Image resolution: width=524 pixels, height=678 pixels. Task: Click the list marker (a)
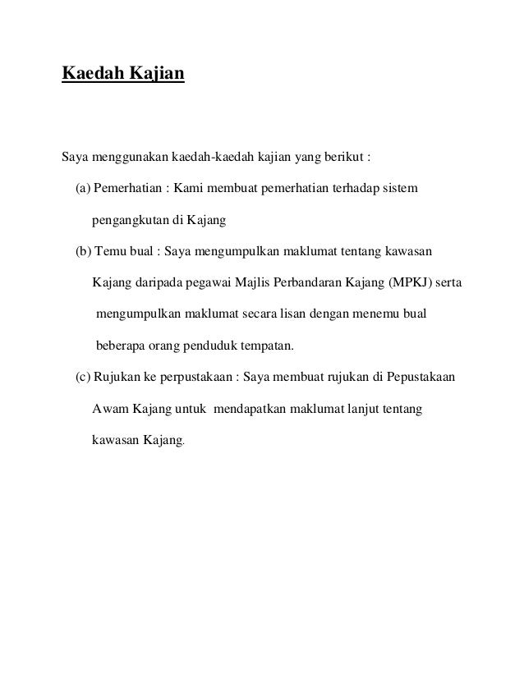pyautogui.click(x=83, y=190)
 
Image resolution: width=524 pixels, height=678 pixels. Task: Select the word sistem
pyautogui.click(x=400, y=190)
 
